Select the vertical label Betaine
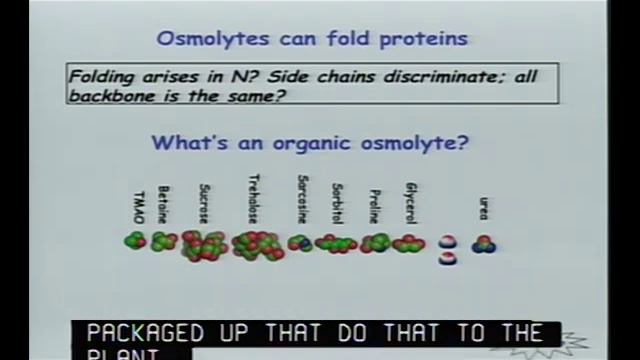pos(163,204)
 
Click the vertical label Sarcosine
pos(302,200)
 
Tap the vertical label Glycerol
pos(411,203)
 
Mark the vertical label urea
pos(484,209)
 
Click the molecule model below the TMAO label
pos(135,241)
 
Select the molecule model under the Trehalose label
pos(257,245)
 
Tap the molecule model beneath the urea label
pos(484,243)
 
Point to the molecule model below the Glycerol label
pos(408,243)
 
